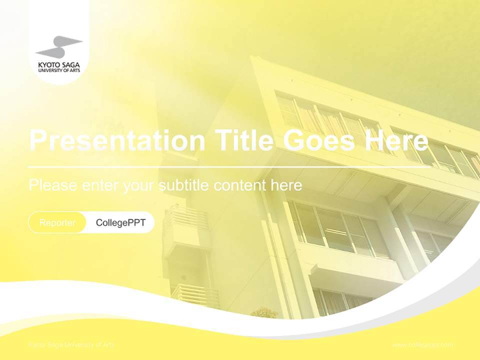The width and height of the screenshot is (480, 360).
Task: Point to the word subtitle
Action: point(184,185)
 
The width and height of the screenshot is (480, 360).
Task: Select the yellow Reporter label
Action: point(57,222)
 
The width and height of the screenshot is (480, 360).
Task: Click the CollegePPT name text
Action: point(120,222)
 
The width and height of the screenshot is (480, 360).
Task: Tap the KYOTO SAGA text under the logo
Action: point(58,64)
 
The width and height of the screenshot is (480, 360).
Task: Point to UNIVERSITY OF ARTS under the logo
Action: point(58,70)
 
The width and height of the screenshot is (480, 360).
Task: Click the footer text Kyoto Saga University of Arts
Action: point(71,345)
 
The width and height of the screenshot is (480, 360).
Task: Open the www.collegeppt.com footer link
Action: point(422,345)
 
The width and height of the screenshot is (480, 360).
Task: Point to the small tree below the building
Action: point(264,313)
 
